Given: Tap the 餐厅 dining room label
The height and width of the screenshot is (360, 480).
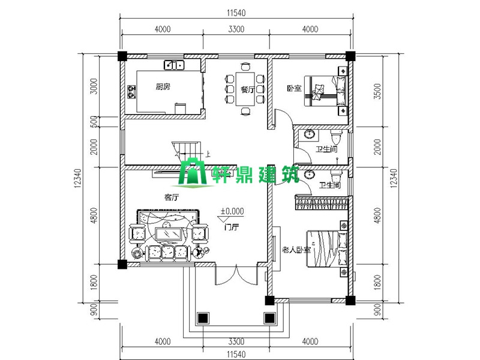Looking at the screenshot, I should [x=247, y=89].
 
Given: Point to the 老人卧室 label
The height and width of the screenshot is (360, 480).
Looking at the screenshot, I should [x=296, y=249].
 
